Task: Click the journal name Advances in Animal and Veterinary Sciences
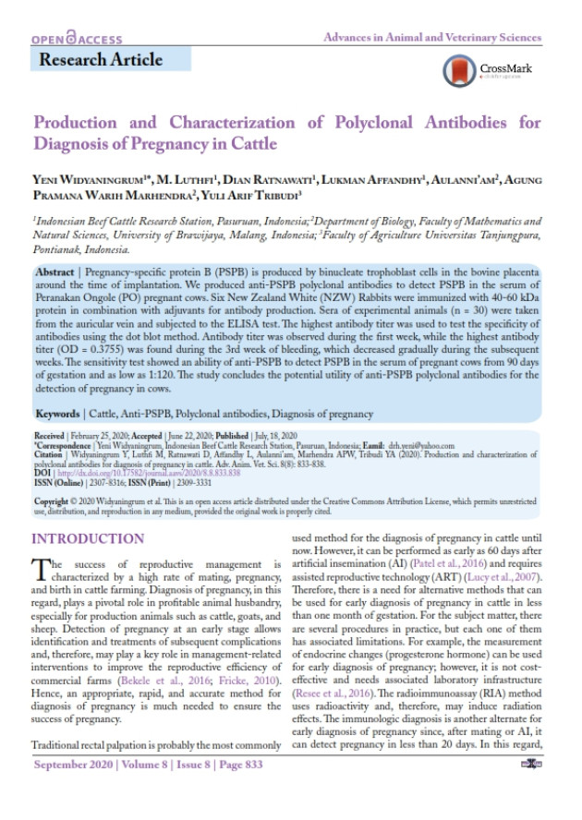point(431,38)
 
